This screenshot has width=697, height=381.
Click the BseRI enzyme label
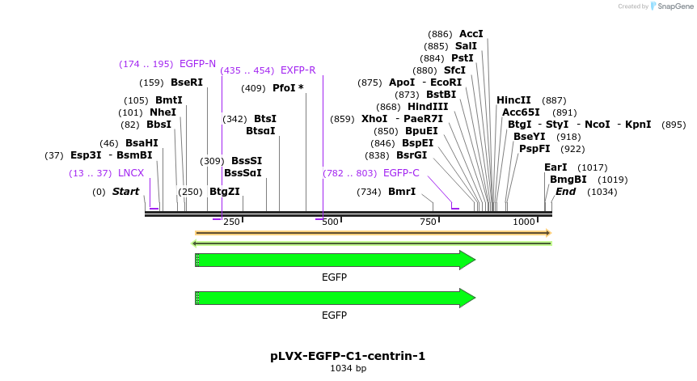point(187,83)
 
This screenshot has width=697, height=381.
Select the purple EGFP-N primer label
point(197,64)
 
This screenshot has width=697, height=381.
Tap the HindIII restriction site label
point(428,107)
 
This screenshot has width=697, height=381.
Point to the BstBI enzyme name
point(441,95)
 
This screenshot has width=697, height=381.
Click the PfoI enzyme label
point(284,88)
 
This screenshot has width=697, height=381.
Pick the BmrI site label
point(402,192)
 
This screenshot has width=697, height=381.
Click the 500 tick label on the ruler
point(330,222)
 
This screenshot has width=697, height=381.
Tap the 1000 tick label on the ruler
point(524,222)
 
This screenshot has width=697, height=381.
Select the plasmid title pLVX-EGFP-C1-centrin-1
point(348,356)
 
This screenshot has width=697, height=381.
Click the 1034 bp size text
point(348,369)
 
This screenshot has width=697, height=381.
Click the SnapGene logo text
point(674,6)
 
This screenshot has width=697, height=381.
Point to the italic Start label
point(125,192)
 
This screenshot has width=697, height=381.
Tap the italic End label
point(565,192)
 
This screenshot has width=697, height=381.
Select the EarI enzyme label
point(555,167)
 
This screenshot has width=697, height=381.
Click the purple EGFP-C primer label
point(401,173)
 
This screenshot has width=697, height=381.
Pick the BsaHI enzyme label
point(142,143)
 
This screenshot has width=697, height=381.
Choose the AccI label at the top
point(471,34)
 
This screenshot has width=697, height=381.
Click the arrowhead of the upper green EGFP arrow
point(467,260)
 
